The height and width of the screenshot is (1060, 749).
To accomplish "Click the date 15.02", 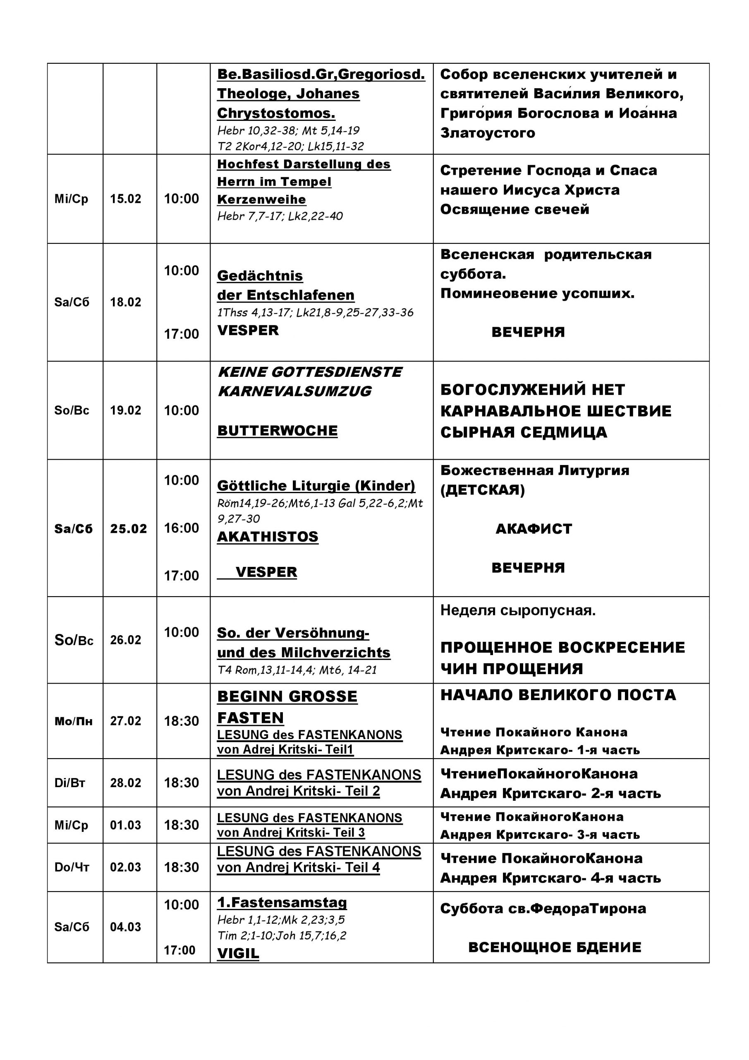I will (125, 199).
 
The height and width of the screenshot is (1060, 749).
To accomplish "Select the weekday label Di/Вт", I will (70, 783).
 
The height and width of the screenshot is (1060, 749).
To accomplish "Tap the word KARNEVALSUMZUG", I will (294, 392).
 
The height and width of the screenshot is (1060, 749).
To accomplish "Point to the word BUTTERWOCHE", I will (277, 431).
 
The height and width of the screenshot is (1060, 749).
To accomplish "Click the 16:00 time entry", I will (182, 528).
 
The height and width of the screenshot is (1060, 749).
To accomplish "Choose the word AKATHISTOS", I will (268, 537).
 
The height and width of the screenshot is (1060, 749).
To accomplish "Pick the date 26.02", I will (125, 640).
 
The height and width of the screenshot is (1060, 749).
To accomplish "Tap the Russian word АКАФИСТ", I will (534, 529).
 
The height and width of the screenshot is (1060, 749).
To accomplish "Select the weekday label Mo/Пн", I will (73, 721).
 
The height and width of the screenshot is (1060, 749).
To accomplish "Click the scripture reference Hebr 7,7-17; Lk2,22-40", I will (280, 216).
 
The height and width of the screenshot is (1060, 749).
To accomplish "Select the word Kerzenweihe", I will (261, 200).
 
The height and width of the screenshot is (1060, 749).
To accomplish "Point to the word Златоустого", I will (488, 133).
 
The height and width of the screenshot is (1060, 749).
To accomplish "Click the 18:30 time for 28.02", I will (182, 783).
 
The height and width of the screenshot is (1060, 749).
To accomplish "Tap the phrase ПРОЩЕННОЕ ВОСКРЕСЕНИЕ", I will (562, 648).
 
